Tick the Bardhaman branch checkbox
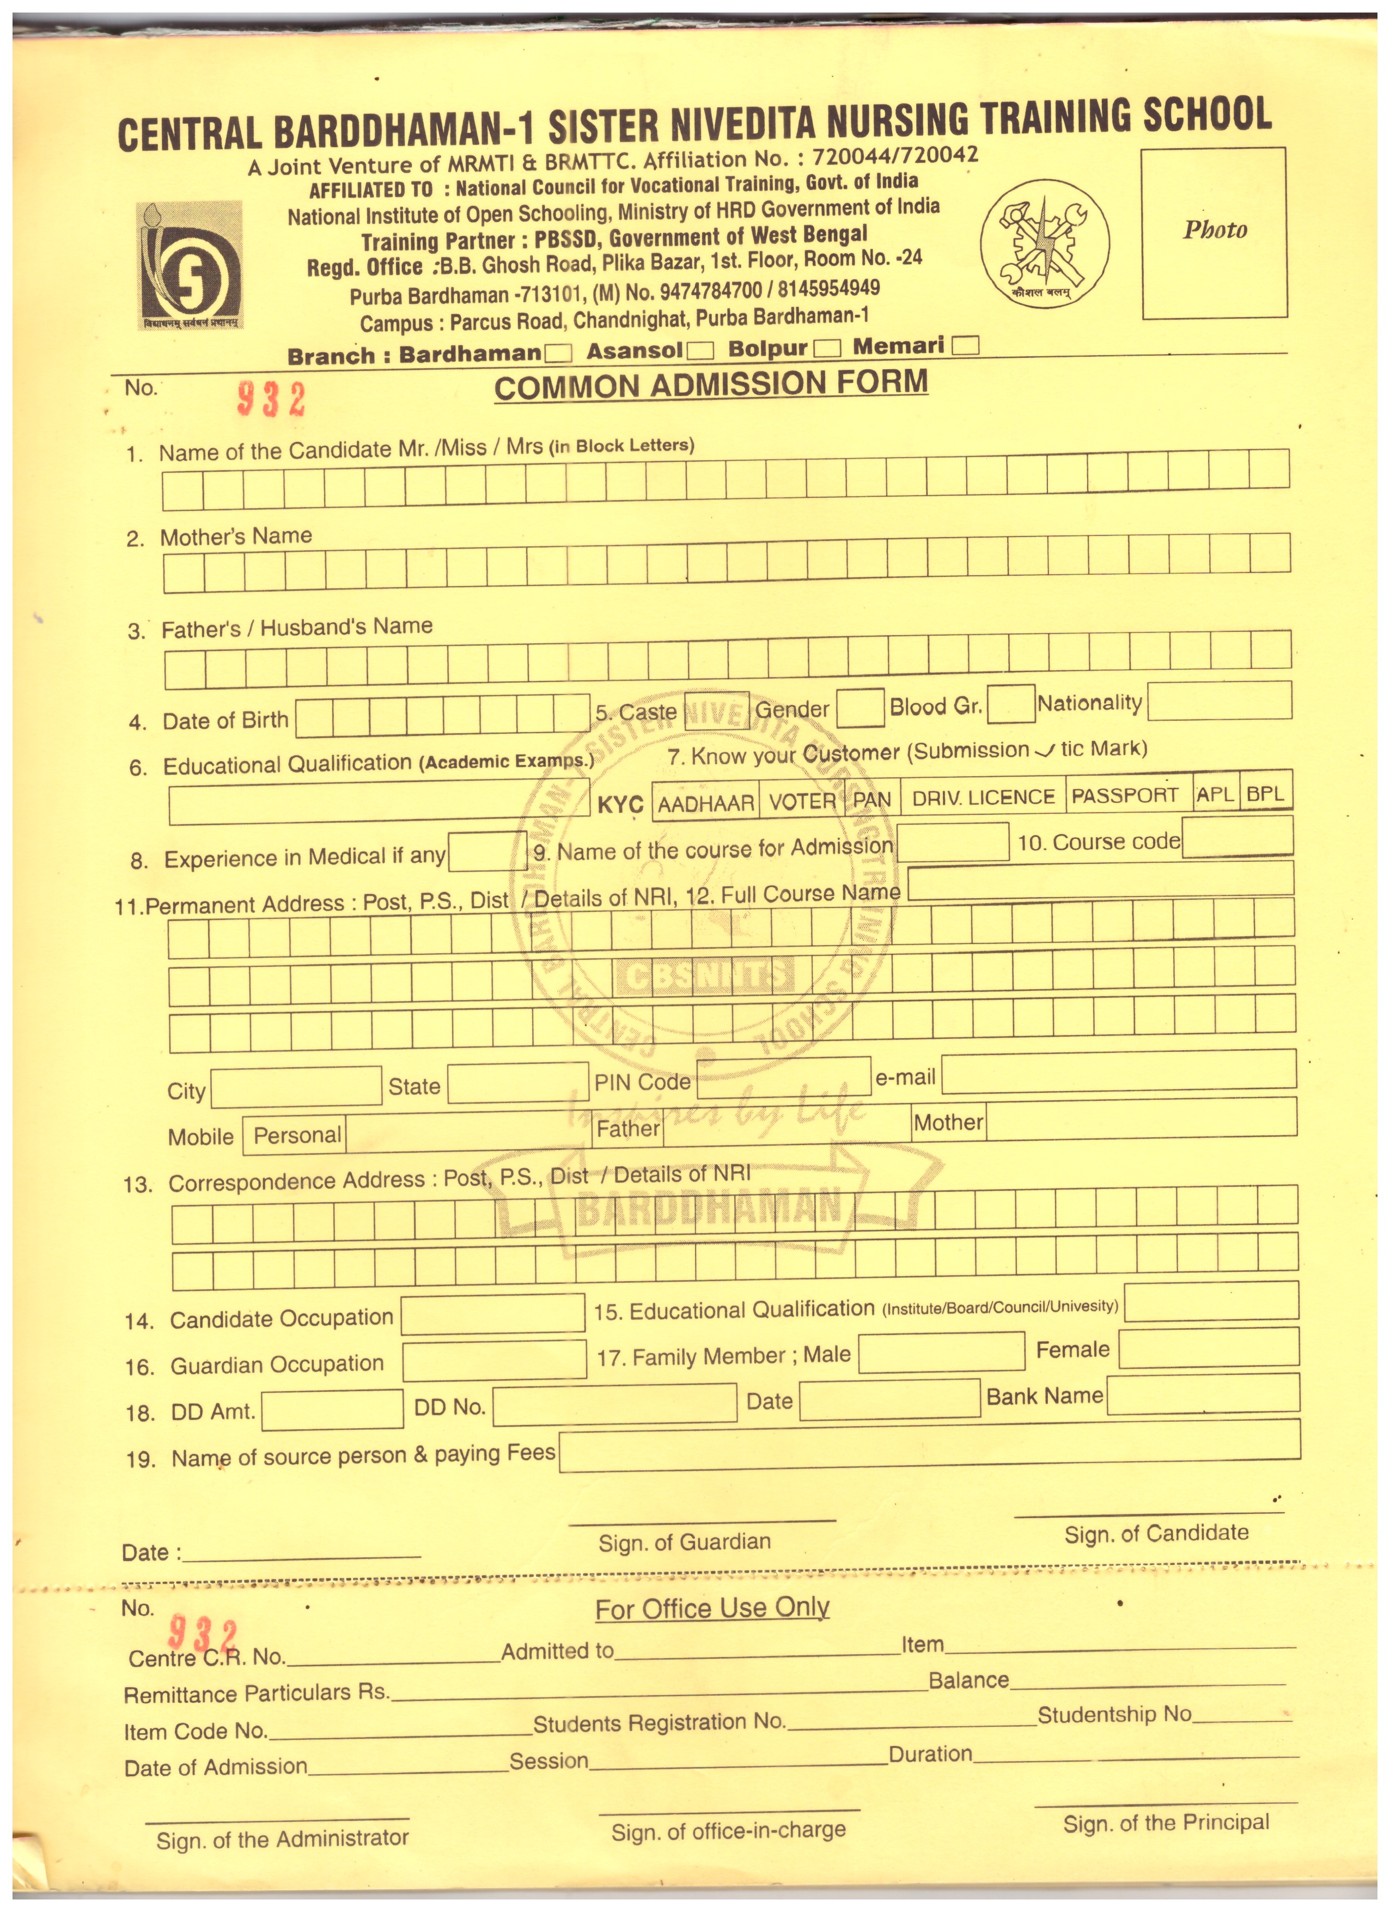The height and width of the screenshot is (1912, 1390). coord(558,352)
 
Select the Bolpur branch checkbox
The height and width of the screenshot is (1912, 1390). coord(828,348)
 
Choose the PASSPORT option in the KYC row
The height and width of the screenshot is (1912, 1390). coord(1128,795)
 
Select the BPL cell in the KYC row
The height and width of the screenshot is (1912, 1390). coord(1265,793)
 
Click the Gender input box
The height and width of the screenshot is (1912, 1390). coord(860,708)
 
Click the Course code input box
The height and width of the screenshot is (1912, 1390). coord(1236,838)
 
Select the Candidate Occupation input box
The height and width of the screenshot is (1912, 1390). coord(492,1315)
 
